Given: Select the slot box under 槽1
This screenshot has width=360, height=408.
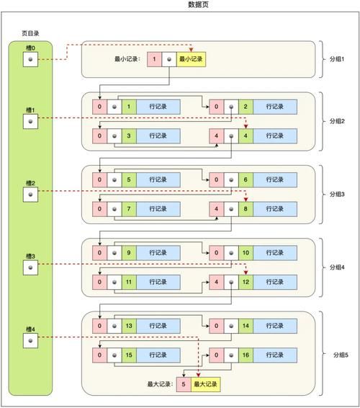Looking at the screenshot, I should click(30, 122).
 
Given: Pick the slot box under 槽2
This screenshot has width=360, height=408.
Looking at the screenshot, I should click(30, 195).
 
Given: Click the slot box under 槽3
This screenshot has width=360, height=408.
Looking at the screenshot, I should click(30, 267).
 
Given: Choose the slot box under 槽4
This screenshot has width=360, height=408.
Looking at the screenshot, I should click(30, 341).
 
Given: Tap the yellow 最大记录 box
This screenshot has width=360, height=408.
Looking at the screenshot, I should click(206, 385).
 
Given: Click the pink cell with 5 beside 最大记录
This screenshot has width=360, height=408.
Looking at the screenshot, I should click(184, 385).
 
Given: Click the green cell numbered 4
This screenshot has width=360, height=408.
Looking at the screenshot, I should click(246, 135).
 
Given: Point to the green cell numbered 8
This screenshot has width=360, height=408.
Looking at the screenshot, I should click(246, 208).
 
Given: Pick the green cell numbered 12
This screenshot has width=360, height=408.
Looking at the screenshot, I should click(246, 282).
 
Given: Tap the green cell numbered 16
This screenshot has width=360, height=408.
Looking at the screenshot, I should click(246, 355).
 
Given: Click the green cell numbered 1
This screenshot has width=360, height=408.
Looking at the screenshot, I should click(129, 106).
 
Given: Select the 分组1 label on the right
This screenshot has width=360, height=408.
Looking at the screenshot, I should click(338, 58).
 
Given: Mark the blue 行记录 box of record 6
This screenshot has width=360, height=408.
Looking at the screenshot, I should click(275, 179).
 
